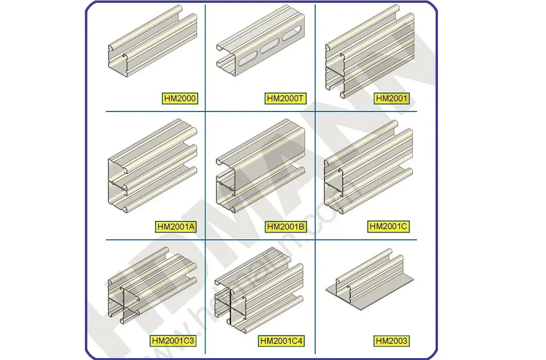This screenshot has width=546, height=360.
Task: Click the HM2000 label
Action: click(180, 99)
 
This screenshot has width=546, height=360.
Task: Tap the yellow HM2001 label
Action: click(392, 99)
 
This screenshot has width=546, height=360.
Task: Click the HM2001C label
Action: click(388, 226)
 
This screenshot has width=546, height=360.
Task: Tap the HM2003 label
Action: click(392, 341)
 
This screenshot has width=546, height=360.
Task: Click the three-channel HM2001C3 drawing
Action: click(151, 288)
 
